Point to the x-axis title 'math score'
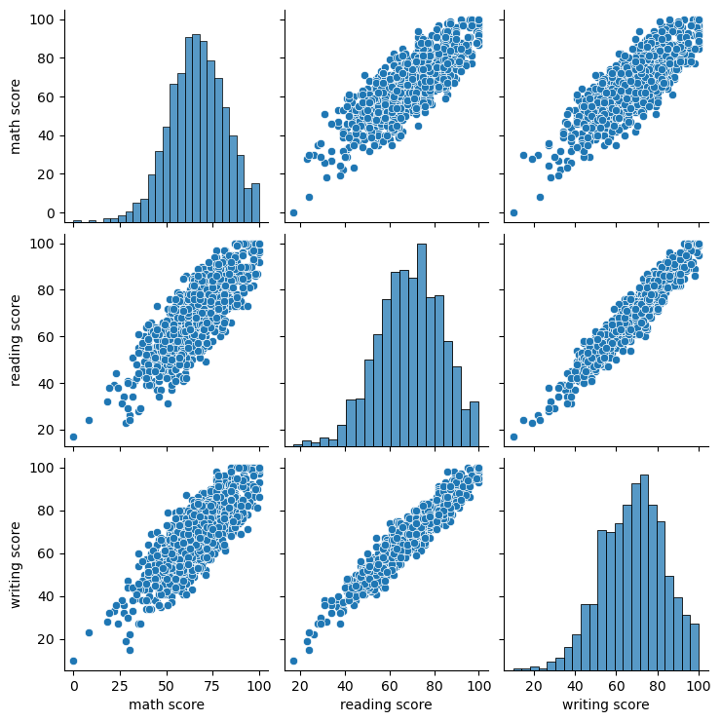coord(166,704)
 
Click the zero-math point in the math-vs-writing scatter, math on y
coord(513,212)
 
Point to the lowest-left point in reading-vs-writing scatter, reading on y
coord(513,437)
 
